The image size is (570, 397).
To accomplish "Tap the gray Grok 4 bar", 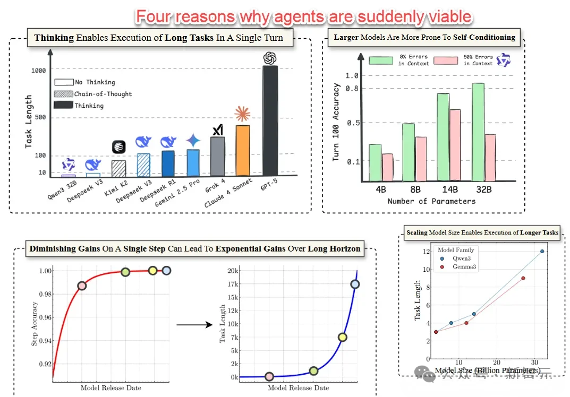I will pyautogui.click(x=217, y=156).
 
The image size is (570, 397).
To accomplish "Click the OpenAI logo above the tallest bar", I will pyautogui.click(x=270, y=57).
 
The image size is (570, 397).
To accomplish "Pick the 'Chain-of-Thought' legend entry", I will pyautogui.click(x=103, y=94).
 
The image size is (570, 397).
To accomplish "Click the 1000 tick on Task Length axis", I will pyautogui.click(x=38, y=70).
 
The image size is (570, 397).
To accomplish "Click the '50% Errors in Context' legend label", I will pyautogui.click(x=478, y=60).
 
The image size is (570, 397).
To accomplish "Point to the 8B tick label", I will pyautogui.click(x=414, y=189).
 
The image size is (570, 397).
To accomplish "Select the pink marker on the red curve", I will pyautogui.click(x=82, y=286).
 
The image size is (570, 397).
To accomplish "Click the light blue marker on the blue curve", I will pyautogui.click(x=355, y=284).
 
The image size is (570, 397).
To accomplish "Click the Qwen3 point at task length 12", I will pyautogui.click(x=542, y=251).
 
